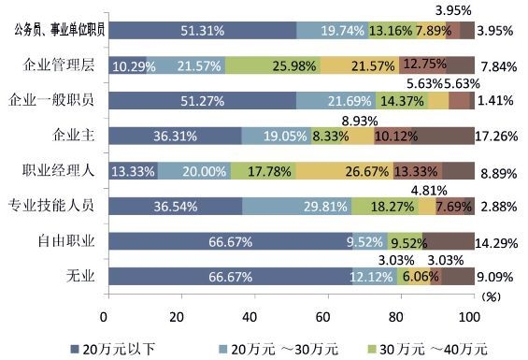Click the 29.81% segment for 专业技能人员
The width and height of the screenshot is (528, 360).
tap(294, 206)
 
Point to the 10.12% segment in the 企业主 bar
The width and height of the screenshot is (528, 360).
tap(392, 137)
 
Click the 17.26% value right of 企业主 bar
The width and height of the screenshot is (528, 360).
tap(497, 137)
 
